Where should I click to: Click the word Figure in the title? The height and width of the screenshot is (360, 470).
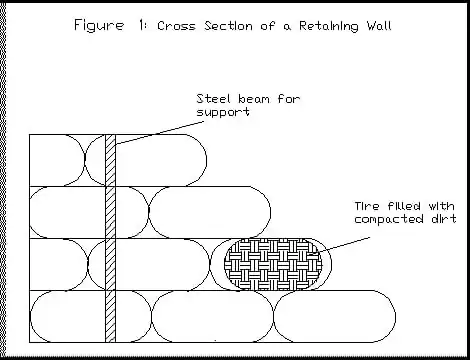[99, 26]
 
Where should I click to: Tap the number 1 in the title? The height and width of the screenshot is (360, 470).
[141, 25]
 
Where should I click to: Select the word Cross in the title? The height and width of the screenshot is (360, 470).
[176, 26]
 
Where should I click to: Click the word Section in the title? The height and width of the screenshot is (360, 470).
[228, 26]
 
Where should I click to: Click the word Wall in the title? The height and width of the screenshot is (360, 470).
[379, 25]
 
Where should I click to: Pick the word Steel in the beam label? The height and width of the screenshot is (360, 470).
[213, 99]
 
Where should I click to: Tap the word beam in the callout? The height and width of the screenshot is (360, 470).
[255, 99]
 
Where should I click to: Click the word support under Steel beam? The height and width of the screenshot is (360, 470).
[223, 112]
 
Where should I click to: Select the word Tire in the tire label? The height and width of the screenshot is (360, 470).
[367, 206]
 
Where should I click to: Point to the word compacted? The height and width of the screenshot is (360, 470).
[389, 219]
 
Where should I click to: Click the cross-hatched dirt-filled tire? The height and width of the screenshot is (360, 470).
[273, 264]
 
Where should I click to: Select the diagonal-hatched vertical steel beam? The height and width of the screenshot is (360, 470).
[111, 238]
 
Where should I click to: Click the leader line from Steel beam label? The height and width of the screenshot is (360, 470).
[160, 133]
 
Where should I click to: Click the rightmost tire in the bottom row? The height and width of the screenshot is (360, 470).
[335, 316]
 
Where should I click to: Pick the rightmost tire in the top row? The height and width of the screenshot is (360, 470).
[146, 160]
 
